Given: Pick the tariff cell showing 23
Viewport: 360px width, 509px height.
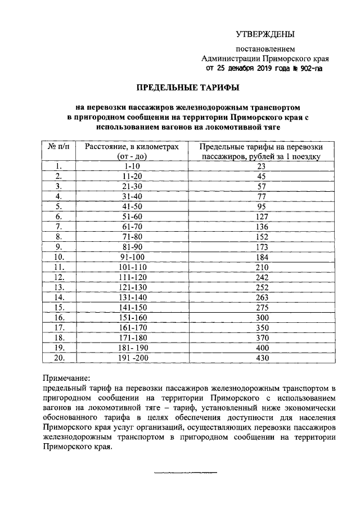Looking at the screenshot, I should [260, 166].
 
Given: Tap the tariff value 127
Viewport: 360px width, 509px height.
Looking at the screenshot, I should [260, 216].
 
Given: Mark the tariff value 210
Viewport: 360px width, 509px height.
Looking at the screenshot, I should [260, 266].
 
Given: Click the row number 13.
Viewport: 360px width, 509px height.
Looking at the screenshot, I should [58, 286].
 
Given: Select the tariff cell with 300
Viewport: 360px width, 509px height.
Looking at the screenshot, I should [260, 316].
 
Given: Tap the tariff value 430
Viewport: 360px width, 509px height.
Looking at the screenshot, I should [260, 357].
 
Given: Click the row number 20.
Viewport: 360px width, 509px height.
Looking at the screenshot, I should [58, 357].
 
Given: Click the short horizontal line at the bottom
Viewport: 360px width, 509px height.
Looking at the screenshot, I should [179, 471].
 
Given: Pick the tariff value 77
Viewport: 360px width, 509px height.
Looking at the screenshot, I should [260, 196].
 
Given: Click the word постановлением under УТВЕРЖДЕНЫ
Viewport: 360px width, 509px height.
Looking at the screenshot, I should [264, 48].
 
